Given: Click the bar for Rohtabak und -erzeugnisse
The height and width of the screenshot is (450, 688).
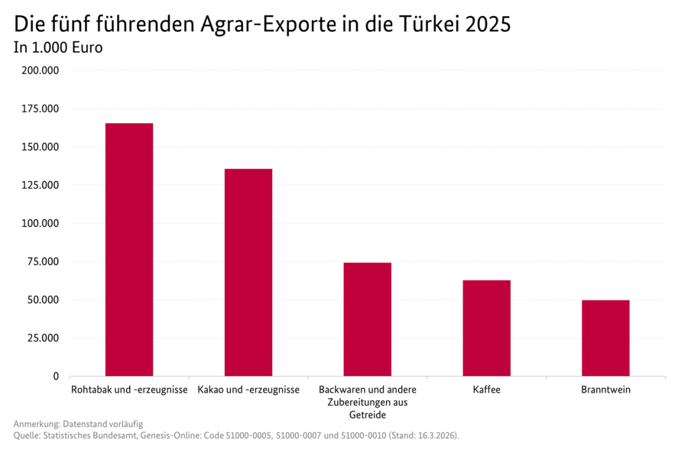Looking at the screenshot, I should point(129,249).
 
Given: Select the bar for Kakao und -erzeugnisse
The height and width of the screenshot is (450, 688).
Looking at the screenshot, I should point(248,272).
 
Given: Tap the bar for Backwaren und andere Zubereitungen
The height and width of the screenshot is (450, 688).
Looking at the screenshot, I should point(367,319).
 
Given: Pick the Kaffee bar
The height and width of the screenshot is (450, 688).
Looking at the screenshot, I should point(486,328).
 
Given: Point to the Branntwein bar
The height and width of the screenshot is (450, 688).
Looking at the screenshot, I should point(605,338).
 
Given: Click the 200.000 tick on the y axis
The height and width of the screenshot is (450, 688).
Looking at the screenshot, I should point(41,71).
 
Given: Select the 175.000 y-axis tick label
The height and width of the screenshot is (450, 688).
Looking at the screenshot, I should point(41,109).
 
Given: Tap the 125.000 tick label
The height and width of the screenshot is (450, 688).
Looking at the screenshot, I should point(41,186).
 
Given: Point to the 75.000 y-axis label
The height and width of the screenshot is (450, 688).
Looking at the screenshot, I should point(43,262).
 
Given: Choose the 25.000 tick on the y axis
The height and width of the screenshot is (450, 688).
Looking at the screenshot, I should point(43,338).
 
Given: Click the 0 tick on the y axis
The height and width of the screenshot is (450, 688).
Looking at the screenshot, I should point(55,377).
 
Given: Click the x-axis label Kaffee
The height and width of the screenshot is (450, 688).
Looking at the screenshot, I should point(486,390).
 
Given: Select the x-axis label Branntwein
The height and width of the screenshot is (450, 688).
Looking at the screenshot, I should point(605,390).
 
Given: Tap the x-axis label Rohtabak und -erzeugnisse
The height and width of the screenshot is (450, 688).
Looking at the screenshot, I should point(129,390).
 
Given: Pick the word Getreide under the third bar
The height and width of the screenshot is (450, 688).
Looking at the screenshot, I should point(367,415).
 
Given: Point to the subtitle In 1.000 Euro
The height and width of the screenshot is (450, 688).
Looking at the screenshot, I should point(58,47).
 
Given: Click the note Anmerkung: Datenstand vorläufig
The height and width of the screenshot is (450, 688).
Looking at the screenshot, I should point(78,423).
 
